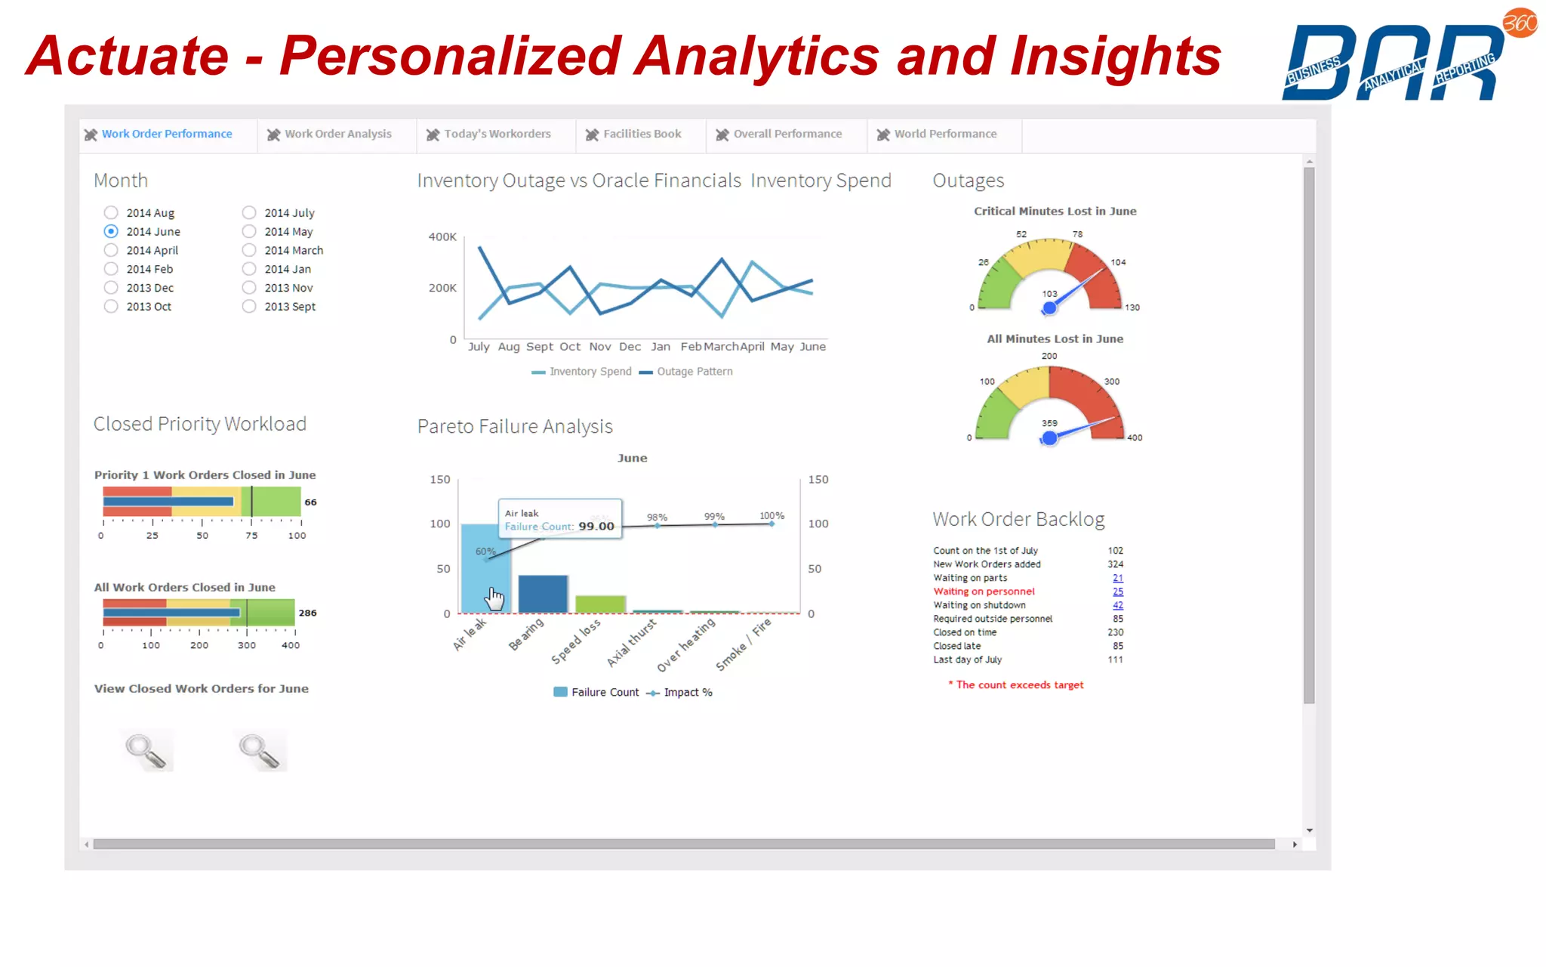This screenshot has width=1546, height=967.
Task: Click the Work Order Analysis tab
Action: point(337,134)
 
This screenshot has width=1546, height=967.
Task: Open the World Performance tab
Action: point(944,134)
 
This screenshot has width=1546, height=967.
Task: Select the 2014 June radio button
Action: point(111,231)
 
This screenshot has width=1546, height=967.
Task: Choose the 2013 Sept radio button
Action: point(249,306)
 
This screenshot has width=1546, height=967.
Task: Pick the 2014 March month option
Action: point(249,250)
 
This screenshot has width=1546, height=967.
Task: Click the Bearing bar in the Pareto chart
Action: point(543,594)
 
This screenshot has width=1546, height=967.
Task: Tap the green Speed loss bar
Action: point(600,604)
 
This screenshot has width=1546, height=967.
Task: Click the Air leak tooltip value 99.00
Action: point(596,526)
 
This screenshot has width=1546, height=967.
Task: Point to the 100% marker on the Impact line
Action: point(771,524)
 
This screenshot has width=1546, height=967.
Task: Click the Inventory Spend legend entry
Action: point(582,372)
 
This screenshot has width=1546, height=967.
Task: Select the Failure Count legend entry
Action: point(596,692)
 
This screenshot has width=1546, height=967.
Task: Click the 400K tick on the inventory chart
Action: point(442,236)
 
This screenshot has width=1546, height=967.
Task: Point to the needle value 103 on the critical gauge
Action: point(1049,294)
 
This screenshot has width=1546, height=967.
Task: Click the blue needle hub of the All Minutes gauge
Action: point(1049,438)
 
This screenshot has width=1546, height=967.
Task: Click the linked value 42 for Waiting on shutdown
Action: point(1117,605)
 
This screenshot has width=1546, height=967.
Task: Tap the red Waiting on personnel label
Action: point(984,592)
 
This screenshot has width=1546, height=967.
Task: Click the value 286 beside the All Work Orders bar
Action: point(307,613)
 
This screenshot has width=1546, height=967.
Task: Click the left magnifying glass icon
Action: point(146,750)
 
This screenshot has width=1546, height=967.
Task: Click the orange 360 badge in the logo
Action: point(1520,23)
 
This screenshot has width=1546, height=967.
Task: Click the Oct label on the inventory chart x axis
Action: point(570,347)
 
